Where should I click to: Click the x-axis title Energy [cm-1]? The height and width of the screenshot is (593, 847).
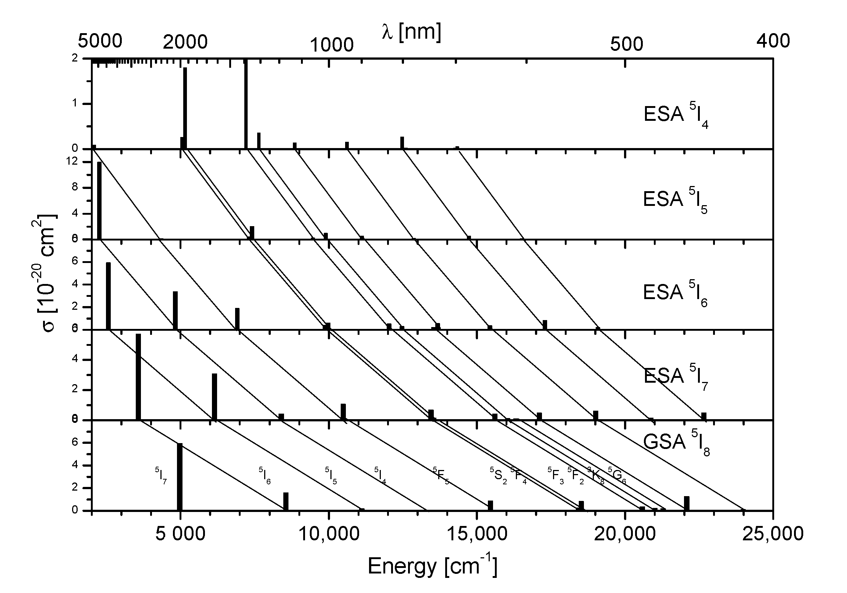(432, 566)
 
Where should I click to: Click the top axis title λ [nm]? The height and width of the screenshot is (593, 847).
(411, 32)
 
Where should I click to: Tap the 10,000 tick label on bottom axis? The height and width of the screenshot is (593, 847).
(328, 534)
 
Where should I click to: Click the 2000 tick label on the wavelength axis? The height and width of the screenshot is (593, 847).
(185, 43)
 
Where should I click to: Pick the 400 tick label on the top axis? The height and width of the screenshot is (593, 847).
(773, 41)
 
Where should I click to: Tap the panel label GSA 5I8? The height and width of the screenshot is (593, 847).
(676, 443)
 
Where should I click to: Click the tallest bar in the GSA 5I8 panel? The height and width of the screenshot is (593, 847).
(180, 476)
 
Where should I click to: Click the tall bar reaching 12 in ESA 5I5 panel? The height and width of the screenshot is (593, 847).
(99, 200)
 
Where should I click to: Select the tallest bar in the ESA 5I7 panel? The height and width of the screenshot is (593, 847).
(138, 377)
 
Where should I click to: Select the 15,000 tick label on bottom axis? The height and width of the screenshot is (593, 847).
(476, 534)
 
